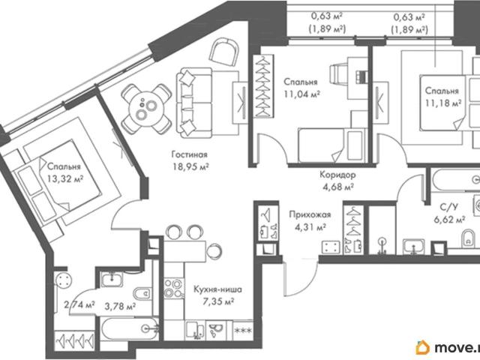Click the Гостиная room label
click(x=190, y=154)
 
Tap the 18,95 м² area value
click(x=190, y=166)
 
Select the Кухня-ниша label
click(x=217, y=289)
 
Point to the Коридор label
click(x=337, y=175)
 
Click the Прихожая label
click(x=310, y=214)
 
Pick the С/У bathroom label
click(x=449, y=207)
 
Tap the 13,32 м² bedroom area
click(x=65, y=178)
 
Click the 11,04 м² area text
click(x=301, y=94)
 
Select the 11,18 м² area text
click(x=443, y=103)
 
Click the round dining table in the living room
click(x=146, y=109)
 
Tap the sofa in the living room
click(x=194, y=103)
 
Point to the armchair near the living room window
click(x=224, y=52)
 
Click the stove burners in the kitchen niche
click(x=173, y=289)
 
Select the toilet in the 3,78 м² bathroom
click(x=143, y=294)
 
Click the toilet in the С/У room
click(x=468, y=238)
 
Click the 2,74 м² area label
click(x=79, y=305)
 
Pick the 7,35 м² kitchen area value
click(x=218, y=301)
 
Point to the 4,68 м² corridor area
click(x=338, y=187)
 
